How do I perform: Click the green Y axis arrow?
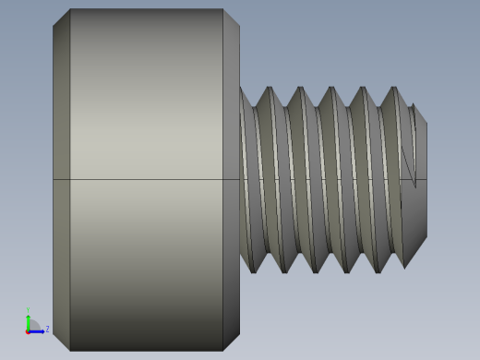(x=28, y=319)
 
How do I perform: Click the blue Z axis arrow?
(x=39, y=330)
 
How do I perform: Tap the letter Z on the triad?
(x=48, y=329)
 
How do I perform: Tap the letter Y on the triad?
(x=28, y=310)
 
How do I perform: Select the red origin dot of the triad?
(x=28, y=330)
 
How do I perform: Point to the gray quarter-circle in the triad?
(x=32, y=326)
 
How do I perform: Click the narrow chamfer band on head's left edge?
(x=61, y=180)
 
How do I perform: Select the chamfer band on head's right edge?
(x=231, y=180)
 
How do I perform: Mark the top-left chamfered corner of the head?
(x=61, y=17)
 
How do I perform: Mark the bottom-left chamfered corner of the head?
(x=61, y=342)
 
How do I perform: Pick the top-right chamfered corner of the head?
(x=232, y=17)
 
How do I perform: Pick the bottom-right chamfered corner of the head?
(x=232, y=342)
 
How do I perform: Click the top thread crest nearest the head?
(x=269, y=89)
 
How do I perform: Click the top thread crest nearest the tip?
(x=394, y=89)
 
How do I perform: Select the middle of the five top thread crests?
(x=331, y=89)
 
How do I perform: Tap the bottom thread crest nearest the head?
(x=253, y=270)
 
